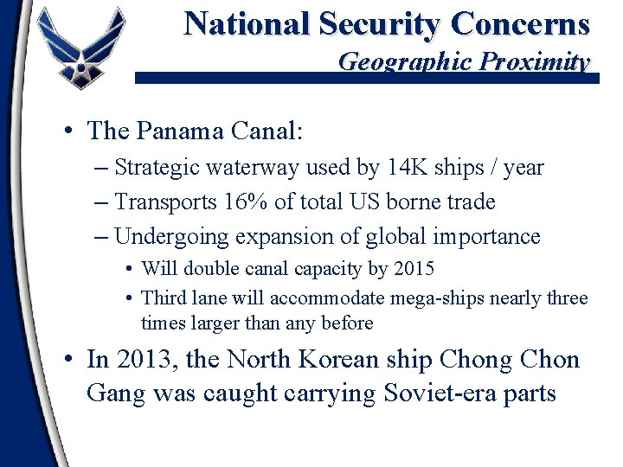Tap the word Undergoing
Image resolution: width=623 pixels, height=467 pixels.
tap(170, 236)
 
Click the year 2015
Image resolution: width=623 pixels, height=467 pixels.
tap(414, 269)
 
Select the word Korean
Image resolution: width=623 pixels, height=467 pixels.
tap(330, 359)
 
